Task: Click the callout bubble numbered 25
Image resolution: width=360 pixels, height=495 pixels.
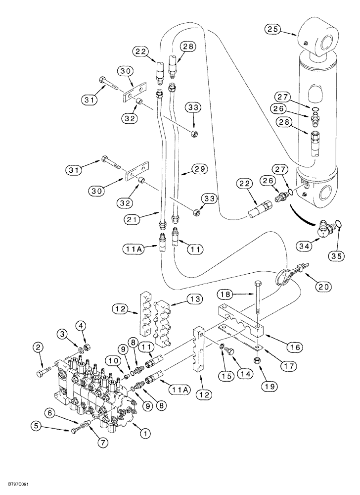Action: pyautogui.click(x=271, y=29)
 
